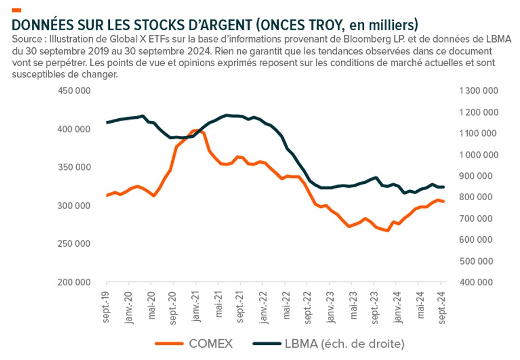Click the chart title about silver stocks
214,25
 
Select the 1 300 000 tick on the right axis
478,91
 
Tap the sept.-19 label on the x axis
105,306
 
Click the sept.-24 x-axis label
441,306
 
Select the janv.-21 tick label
195,306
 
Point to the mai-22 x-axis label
284,306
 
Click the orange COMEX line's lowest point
387,230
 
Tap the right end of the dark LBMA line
444,187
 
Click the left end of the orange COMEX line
106,195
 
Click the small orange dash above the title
16,10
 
